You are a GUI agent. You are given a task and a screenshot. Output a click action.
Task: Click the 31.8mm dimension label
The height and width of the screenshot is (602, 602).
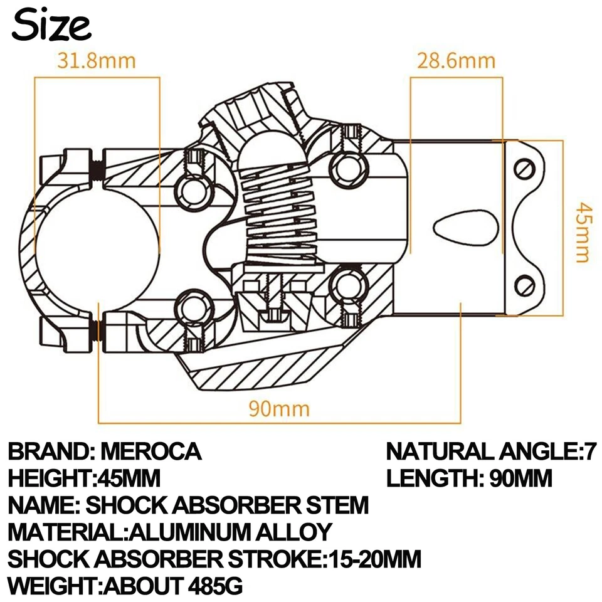coord(97,61)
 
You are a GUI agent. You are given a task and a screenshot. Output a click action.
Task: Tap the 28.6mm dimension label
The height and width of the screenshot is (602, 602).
coord(456,61)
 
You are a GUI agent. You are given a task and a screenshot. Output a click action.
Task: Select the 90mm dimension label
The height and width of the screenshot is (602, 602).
coord(279,409)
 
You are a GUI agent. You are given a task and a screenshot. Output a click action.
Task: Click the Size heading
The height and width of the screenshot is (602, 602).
coord(51,26)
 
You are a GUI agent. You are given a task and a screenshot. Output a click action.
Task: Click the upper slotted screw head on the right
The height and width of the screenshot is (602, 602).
coord(524,169)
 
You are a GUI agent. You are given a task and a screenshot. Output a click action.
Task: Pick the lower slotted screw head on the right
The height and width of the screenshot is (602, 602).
coord(524,285)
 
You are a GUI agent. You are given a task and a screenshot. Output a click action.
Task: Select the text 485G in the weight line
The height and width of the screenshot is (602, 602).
coord(215,586)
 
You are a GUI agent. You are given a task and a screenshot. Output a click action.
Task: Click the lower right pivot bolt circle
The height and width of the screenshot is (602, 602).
coord(346,285)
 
